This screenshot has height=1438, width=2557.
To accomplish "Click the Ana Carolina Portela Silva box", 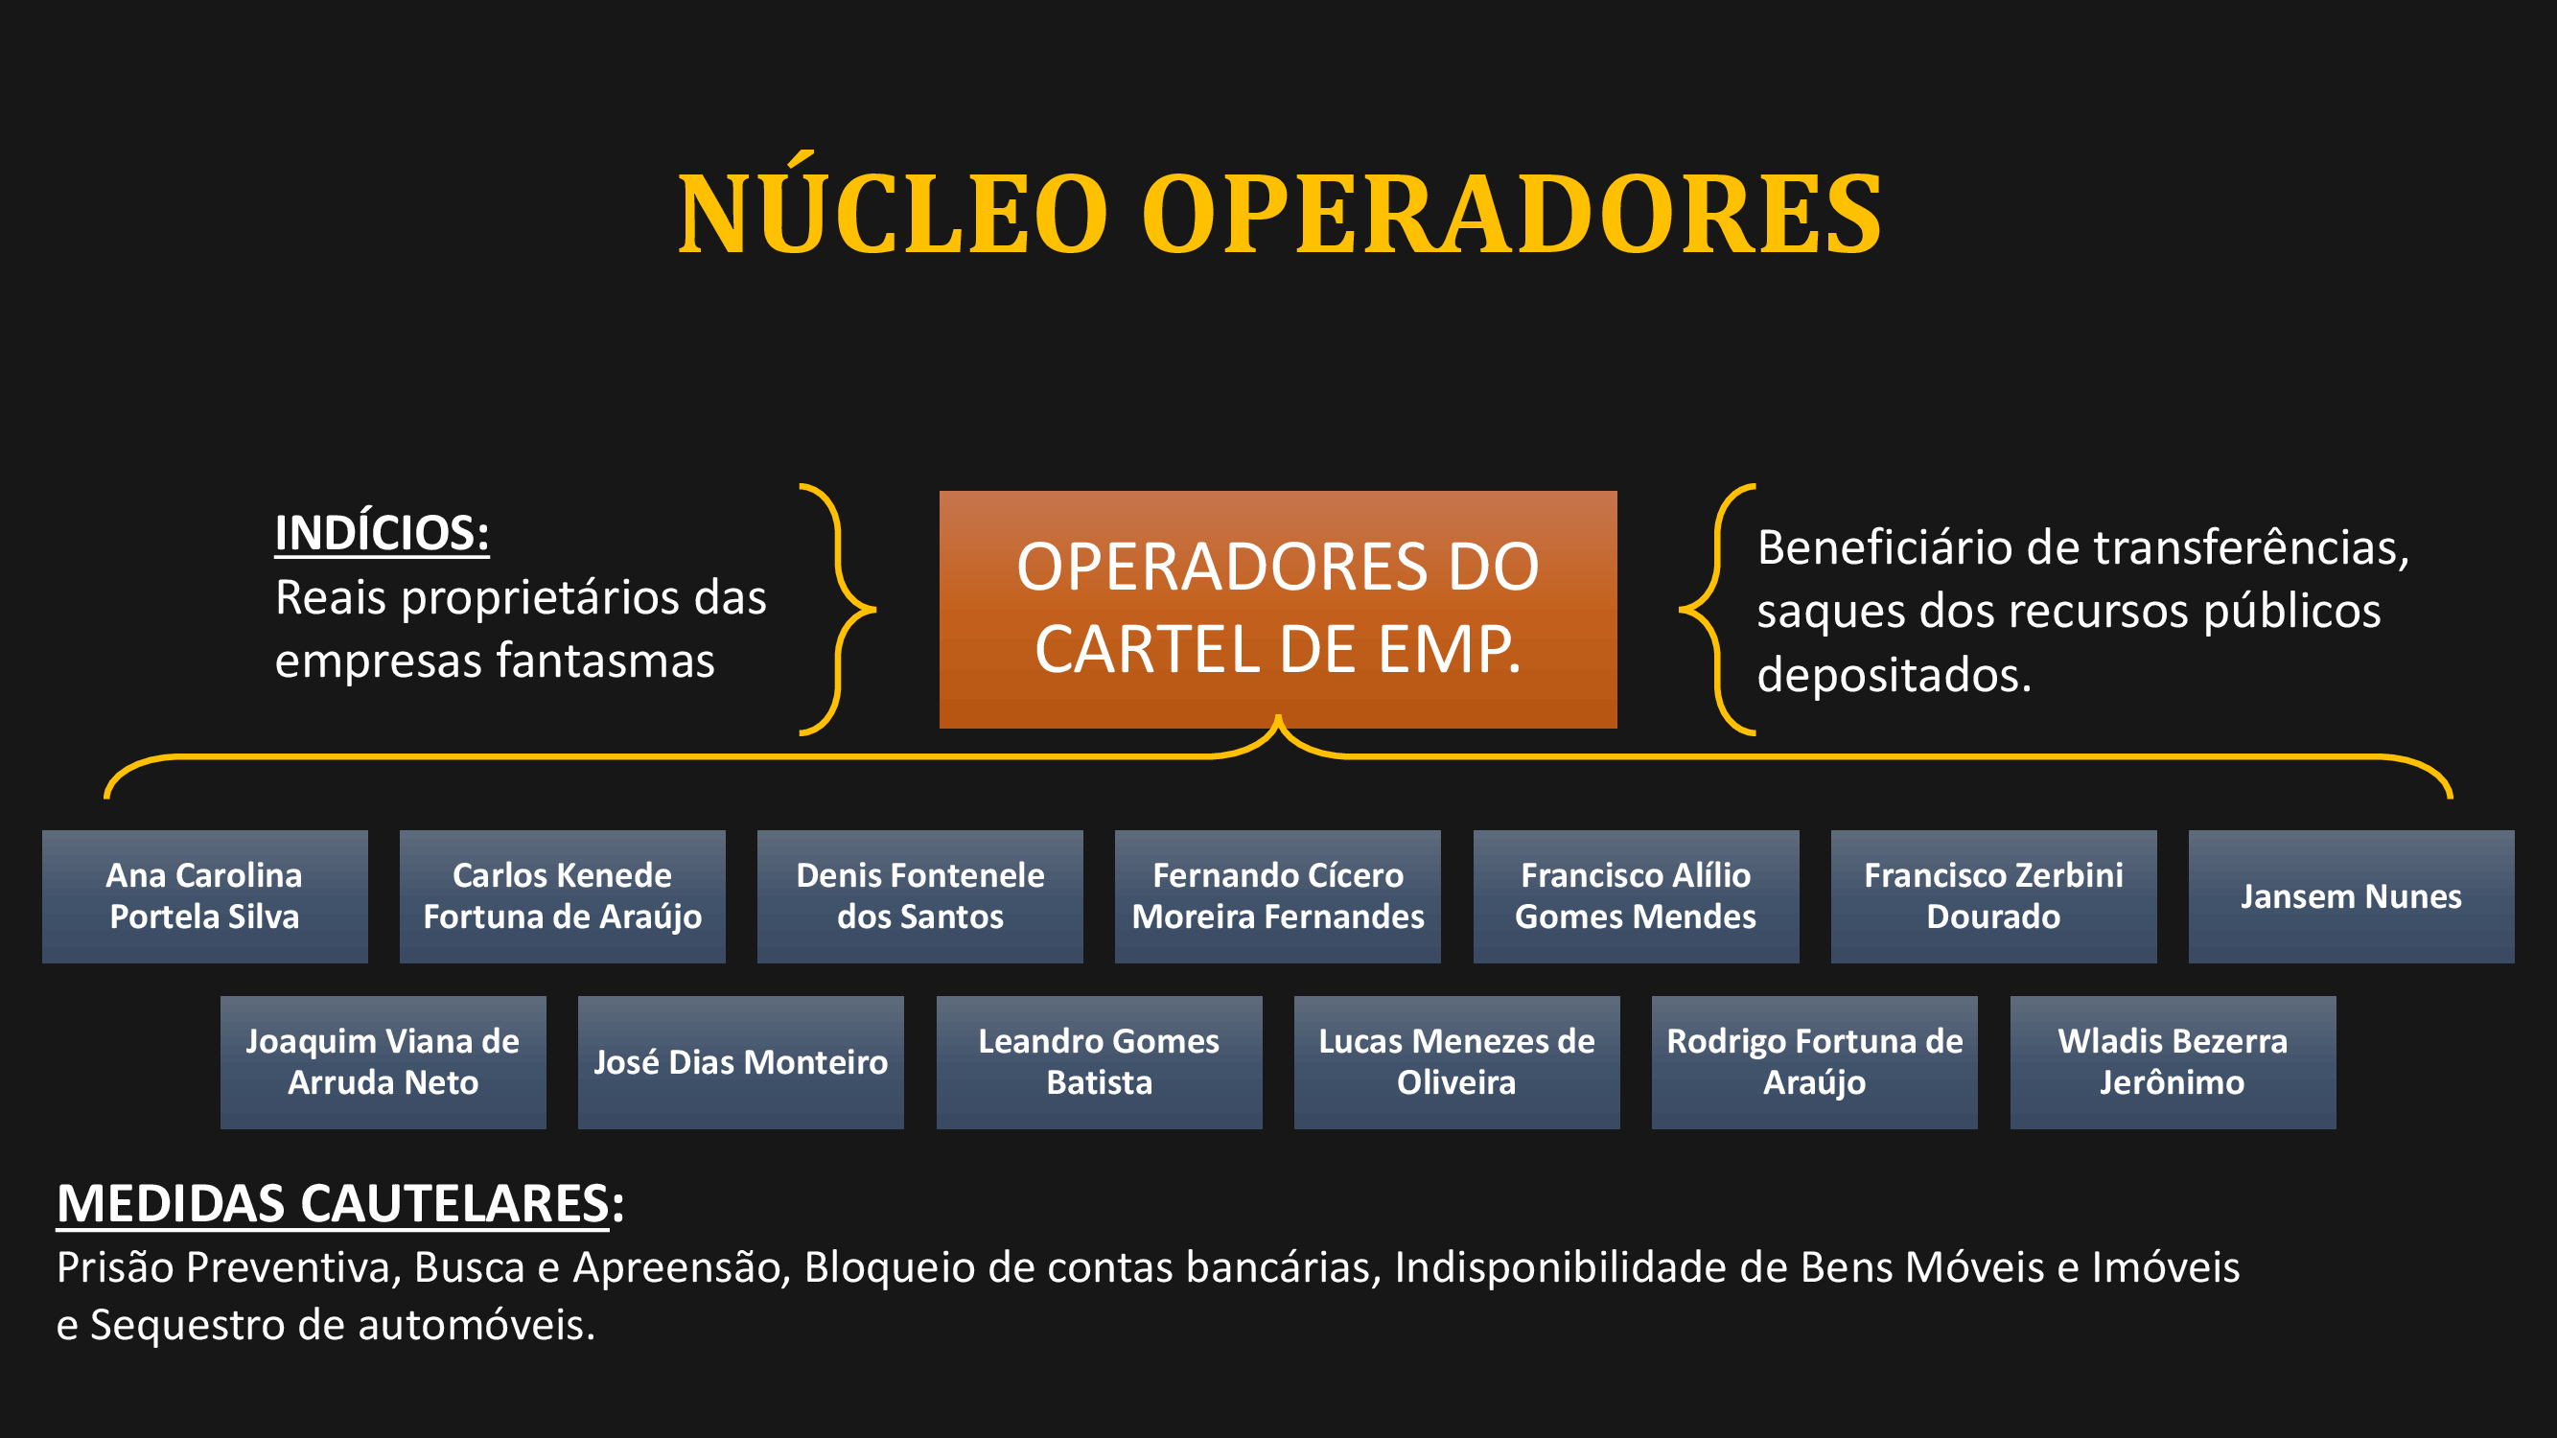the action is (204, 896).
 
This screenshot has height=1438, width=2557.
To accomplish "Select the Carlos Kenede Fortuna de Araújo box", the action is (562, 896).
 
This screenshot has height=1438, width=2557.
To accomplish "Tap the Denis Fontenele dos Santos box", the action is (920, 896).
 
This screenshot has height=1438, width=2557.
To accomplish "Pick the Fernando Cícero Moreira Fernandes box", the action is (1277, 896).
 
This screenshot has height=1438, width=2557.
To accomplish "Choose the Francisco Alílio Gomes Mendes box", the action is (1636, 896).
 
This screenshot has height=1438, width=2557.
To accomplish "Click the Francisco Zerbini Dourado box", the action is (1993, 896).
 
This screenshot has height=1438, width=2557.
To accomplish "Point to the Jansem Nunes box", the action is (2352, 896).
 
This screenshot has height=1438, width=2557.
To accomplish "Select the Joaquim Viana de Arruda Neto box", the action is (384, 1062).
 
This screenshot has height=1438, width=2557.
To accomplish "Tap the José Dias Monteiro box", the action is (740, 1062).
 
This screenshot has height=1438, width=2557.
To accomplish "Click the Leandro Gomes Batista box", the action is (1099, 1062).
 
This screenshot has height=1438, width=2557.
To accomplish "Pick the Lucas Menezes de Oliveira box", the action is (1456, 1062).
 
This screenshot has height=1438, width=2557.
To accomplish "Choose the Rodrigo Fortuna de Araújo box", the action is (1815, 1062).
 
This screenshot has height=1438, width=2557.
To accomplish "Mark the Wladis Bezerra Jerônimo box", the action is (2173, 1062).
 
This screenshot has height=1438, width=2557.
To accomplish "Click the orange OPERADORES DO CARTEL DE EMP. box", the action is (1277, 610).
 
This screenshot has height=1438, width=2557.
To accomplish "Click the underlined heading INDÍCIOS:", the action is (383, 533).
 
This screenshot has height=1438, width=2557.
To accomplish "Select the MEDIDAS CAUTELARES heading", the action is (340, 1204).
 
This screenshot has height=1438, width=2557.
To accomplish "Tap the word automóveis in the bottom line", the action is (477, 1325).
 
